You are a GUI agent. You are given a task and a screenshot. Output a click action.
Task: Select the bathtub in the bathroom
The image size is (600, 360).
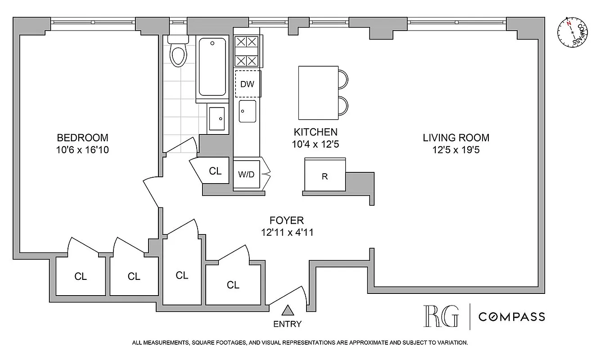(x=212, y=67)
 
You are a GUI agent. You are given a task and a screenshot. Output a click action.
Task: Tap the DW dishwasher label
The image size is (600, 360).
(x=247, y=84)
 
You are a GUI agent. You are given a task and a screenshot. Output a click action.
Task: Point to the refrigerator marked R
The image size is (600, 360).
(x=325, y=176)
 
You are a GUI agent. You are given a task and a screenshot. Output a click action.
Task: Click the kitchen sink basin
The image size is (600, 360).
(x=247, y=111)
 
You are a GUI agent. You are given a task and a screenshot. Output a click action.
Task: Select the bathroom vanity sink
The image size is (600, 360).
(x=218, y=118)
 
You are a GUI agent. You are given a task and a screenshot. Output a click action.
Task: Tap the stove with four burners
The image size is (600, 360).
(x=247, y=51)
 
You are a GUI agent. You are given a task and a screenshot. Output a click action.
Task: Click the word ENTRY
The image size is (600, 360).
(x=287, y=324)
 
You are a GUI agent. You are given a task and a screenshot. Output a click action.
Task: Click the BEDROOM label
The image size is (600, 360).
(x=82, y=138)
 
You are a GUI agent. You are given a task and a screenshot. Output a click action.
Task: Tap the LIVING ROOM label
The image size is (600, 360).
(x=456, y=138)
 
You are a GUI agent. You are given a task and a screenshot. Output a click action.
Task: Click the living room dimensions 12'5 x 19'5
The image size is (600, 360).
(x=456, y=149)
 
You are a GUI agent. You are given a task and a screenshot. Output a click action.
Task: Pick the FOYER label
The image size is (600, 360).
(x=286, y=220)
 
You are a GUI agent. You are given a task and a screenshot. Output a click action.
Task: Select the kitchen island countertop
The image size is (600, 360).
(x=318, y=92)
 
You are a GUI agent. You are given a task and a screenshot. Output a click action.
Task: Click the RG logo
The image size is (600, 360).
(x=441, y=316)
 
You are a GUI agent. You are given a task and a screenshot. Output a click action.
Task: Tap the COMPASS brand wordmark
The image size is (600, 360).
(x=511, y=317)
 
